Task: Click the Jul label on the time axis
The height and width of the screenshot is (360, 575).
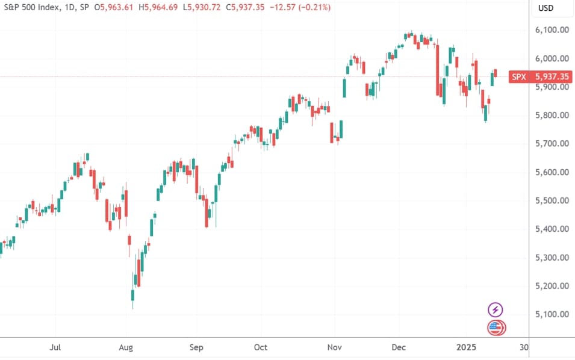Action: coord(55,347)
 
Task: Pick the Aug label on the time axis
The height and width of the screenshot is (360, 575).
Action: coord(125,347)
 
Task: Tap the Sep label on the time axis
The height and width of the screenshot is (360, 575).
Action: coord(196,347)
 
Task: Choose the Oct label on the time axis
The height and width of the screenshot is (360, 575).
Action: coord(261,347)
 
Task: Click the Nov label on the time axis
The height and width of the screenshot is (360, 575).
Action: coord(335,347)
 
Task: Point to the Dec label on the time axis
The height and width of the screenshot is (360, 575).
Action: coord(399,347)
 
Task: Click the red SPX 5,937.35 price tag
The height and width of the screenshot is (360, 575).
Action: coord(539,76)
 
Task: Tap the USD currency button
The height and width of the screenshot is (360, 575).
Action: coord(545,8)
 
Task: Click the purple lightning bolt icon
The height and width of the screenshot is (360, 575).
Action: coord(495,310)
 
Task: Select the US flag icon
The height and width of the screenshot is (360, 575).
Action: coord(495,328)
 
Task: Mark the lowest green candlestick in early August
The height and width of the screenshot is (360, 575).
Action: coord(132,294)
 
